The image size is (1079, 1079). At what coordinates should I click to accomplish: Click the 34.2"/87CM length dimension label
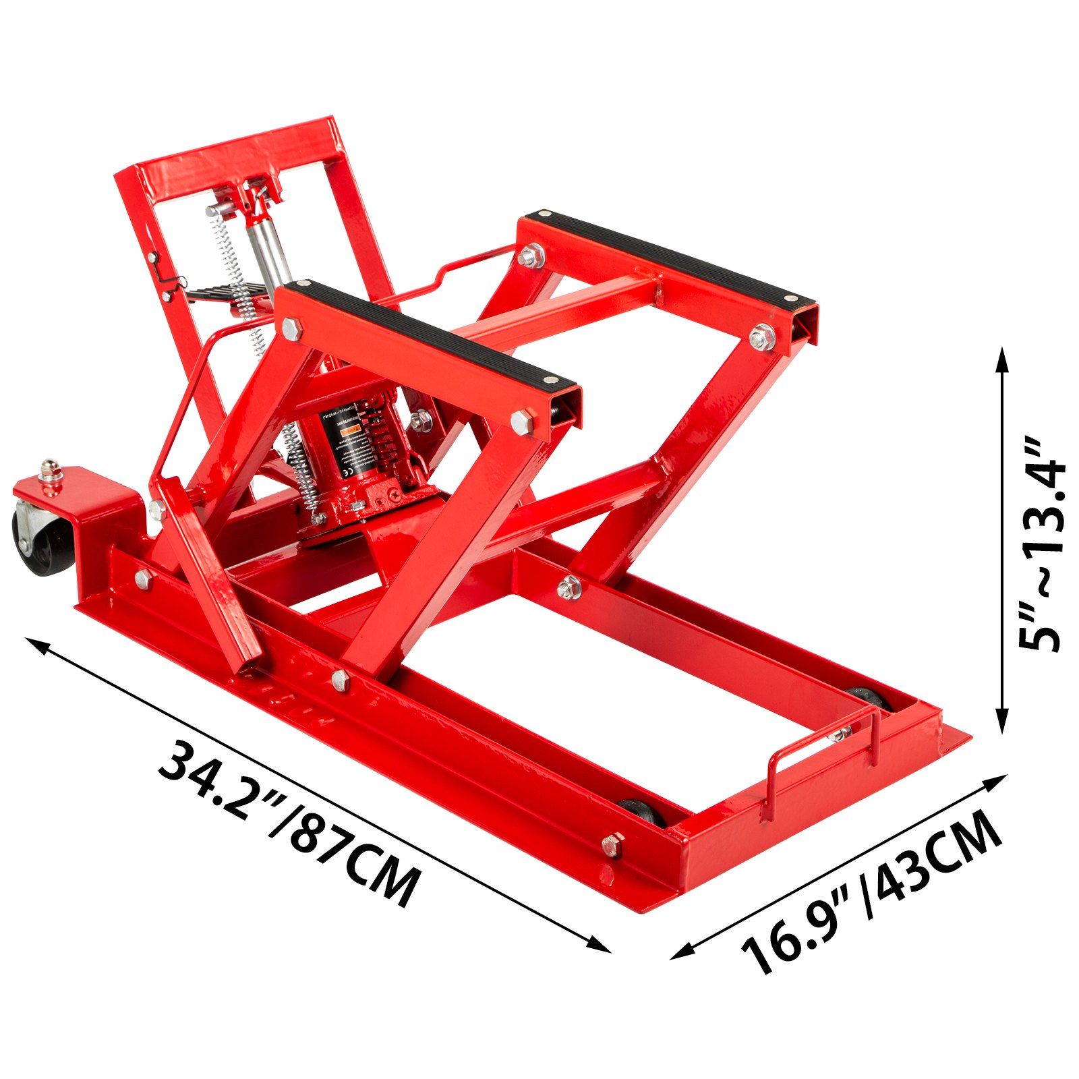point(287,823)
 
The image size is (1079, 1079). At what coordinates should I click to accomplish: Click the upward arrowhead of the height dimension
point(1002,357)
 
